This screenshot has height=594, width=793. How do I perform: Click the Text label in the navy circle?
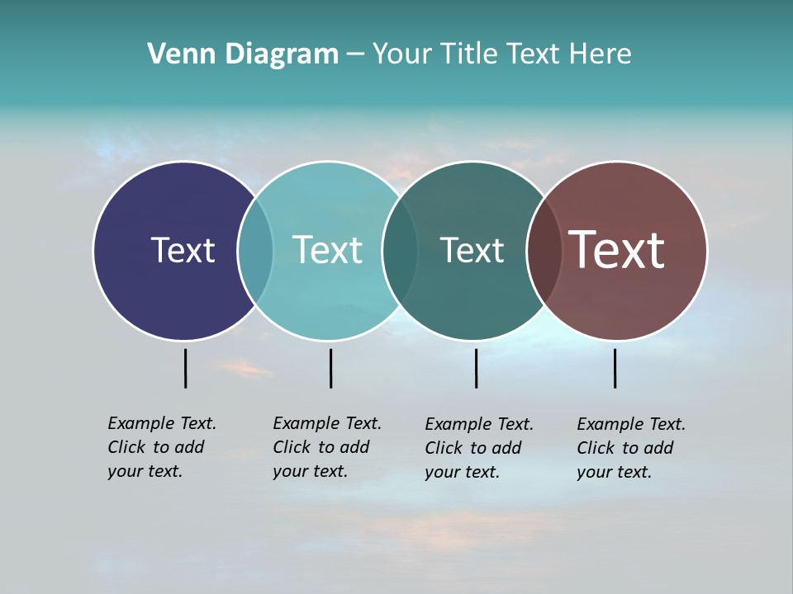tap(183, 250)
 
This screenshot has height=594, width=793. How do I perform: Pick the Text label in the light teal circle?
tap(328, 250)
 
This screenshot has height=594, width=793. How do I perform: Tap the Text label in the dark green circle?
tap(472, 250)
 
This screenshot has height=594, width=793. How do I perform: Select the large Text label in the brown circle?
tap(617, 250)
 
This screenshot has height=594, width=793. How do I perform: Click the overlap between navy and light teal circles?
tap(255, 250)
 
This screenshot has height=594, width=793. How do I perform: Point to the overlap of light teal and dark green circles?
tap(400, 250)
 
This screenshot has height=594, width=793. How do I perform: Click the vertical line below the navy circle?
tap(185, 368)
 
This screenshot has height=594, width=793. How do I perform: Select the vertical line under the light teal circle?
tap(330, 368)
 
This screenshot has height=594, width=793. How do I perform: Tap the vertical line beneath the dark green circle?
tap(476, 368)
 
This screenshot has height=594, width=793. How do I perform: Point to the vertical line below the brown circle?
tap(615, 368)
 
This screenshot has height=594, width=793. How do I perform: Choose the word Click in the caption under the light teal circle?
tap(291, 447)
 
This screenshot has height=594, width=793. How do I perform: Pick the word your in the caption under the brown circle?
tap(593, 472)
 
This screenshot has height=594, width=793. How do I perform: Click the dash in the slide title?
tap(355, 55)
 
